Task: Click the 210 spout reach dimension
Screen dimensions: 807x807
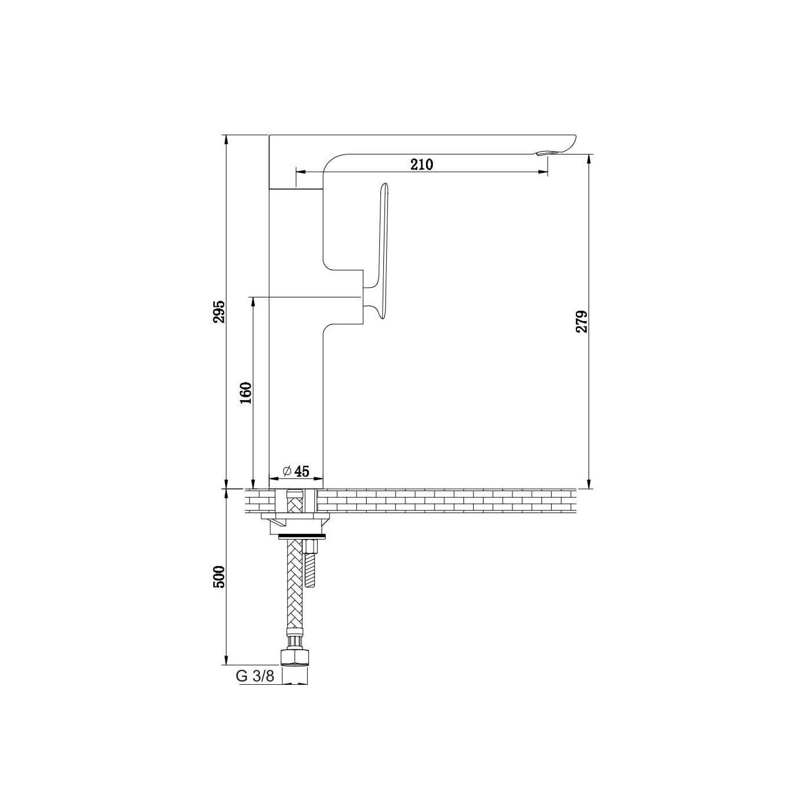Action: pos(421,165)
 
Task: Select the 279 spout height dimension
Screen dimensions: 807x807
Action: pos(581,321)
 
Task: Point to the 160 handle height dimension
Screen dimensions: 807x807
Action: pos(246,393)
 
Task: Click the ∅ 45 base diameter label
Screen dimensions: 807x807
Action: pos(296,471)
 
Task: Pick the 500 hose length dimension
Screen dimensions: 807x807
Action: pos(220,577)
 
